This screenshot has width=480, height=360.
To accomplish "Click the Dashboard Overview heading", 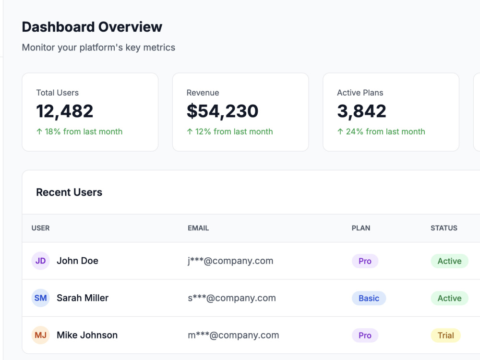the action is [92, 27].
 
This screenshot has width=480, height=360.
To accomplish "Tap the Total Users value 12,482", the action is [65, 111].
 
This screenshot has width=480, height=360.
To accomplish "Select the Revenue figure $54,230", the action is [223, 111].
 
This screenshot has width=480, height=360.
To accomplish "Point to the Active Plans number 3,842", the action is [361, 111].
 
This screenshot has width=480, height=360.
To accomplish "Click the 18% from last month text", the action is [84, 132].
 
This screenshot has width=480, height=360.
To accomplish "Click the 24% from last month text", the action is [385, 132].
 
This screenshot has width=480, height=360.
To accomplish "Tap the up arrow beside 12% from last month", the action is [190, 132].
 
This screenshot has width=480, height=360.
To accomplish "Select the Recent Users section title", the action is [69, 192].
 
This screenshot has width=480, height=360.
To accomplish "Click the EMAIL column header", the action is [198, 228].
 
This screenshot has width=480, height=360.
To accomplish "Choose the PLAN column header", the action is [361, 228].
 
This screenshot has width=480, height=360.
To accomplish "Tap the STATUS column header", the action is [444, 228].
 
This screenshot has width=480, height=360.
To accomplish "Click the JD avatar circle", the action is [41, 261].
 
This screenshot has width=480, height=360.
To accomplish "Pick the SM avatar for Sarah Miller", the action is [41, 298].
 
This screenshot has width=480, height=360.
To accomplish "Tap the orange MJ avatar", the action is [41, 335].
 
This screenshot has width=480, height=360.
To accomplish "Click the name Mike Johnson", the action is [87, 335].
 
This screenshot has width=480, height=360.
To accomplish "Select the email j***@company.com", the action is [230, 261].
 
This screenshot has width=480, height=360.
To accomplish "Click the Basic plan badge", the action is [369, 298].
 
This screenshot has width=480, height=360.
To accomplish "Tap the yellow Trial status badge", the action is [446, 336].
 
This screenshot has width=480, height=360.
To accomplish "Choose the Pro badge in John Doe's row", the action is [365, 261].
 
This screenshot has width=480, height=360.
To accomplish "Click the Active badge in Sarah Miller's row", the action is [449, 298].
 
